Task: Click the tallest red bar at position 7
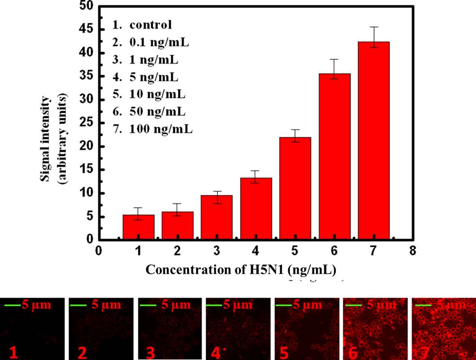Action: [374, 141]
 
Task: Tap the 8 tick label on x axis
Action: [413, 251]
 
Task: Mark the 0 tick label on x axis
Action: [99, 251]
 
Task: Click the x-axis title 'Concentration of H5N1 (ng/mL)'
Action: [241, 269]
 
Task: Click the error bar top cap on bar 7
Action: [374, 27]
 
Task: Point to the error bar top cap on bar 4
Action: [256, 171]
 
